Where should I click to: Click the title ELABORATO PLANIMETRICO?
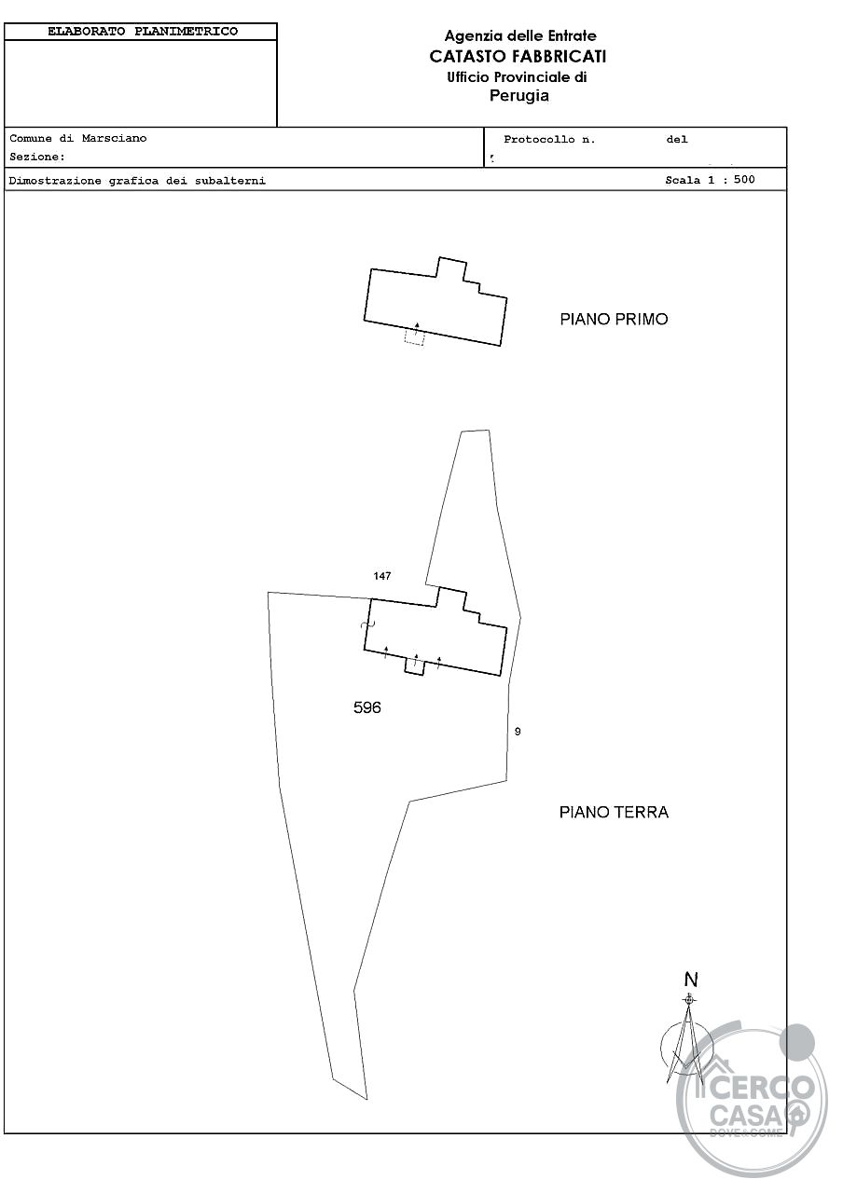[x=143, y=32]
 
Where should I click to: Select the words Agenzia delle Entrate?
[x=520, y=36]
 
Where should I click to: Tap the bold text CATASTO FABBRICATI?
[x=518, y=57]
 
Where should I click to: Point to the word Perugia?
[x=519, y=96]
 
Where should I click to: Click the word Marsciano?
[x=114, y=139]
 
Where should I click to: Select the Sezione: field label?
[x=37, y=158]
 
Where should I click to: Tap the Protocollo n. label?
[x=549, y=140]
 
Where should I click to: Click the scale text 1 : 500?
[x=732, y=180]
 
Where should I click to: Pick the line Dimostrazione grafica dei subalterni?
[x=137, y=181]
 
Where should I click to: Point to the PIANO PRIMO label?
[x=614, y=320]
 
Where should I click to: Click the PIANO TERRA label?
[x=614, y=812]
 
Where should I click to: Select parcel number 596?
[x=367, y=707]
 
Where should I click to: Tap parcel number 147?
[x=382, y=576]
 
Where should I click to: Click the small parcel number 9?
[x=518, y=732]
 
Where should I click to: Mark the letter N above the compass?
[x=691, y=980]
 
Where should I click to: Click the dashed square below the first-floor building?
[x=414, y=337]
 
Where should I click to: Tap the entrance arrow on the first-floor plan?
[x=417, y=328]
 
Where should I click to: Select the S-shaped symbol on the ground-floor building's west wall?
[x=367, y=624]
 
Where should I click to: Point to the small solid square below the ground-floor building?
[x=415, y=666]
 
